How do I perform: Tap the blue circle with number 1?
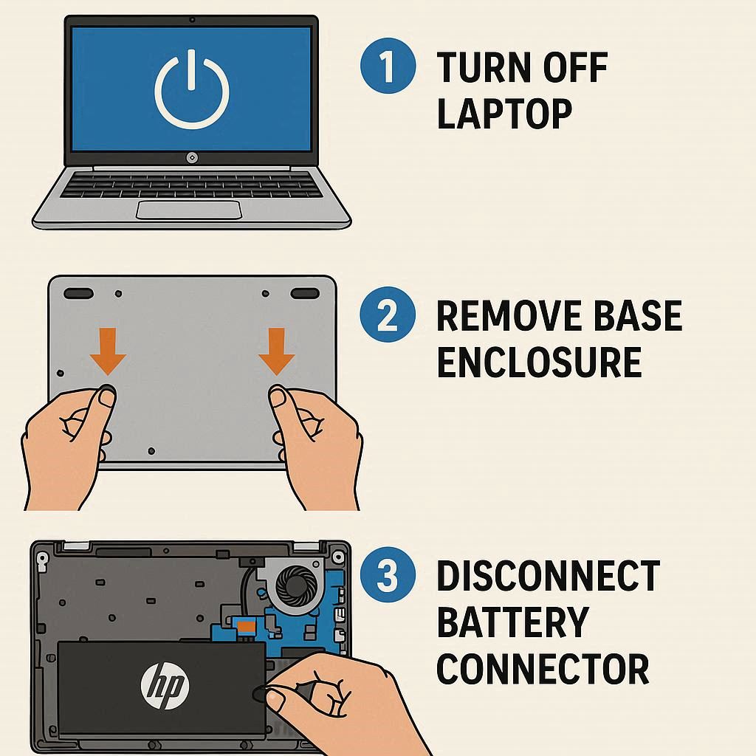[388, 66]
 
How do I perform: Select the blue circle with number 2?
[388, 315]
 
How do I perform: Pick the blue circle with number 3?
[388, 574]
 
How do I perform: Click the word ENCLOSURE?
[539, 362]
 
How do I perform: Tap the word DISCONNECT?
[549, 575]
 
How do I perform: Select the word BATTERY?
[512, 622]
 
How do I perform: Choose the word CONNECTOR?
[543, 669]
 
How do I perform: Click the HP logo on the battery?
[165, 685]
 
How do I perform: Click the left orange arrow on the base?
[108, 351]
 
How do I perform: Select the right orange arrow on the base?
[276, 351]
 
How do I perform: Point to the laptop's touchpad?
[189, 210]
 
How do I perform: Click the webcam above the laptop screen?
[192, 20]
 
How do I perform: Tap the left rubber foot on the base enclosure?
[78, 293]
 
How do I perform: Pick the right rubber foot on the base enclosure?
[305, 293]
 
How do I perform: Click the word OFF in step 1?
[574, 67]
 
